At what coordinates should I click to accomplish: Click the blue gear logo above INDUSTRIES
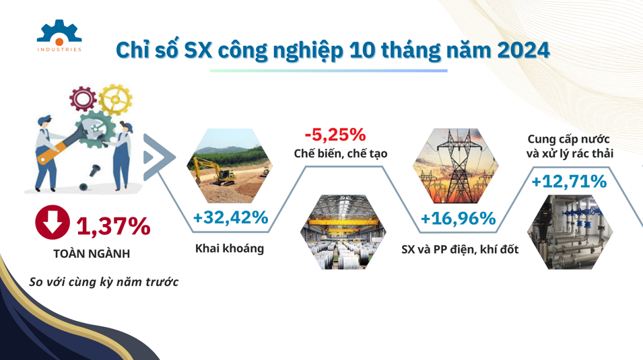(59, 32)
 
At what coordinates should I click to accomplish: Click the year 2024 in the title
(523, 50)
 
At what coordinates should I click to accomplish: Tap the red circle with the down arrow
(52, 222)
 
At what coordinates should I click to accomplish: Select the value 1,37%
(113, 226)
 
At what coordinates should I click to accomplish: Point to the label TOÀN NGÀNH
(92, 254)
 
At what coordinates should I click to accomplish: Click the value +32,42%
(230, 217)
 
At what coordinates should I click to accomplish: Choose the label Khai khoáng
(229, 248)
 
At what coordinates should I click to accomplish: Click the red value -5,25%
(335, 135)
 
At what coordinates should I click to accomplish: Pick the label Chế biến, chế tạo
(341, 153)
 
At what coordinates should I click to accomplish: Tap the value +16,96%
(458, 219)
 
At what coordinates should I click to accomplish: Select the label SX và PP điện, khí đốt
(460, 249)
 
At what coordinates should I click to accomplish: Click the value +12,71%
(569, 181)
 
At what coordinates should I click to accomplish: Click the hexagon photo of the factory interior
(343, 232)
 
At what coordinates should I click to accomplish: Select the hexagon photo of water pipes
(570, 232)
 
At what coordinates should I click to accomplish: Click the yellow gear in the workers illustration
(116, 100)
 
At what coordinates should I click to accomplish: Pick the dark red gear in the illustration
(83, 99)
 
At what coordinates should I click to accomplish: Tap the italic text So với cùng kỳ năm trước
(104, 282)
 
